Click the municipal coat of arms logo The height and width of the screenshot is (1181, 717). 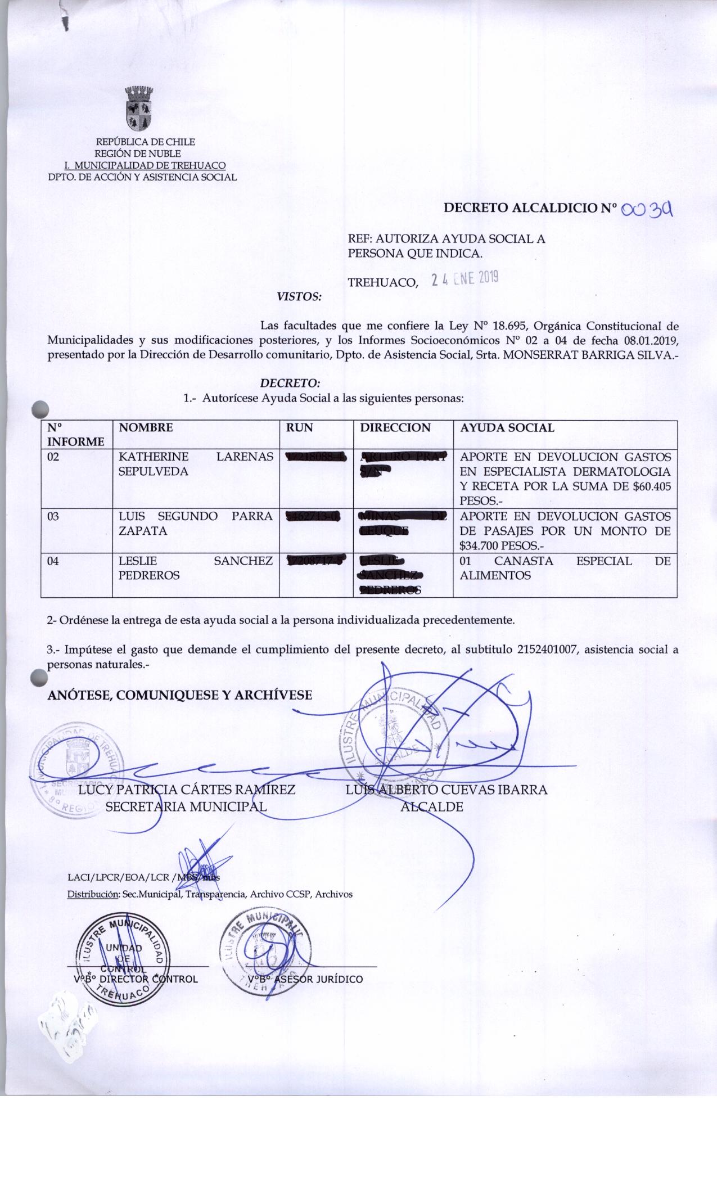tap(139, 109)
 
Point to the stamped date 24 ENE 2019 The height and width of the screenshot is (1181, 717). tap(465, 279)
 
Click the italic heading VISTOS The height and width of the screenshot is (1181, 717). tap(300, 296)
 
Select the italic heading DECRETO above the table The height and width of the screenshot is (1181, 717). tap(290, 384)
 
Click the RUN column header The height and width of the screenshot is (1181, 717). tap(300, 428)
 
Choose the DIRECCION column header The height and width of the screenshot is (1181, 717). tap(395, 428)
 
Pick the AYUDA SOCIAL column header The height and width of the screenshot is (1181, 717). tap(507, 428)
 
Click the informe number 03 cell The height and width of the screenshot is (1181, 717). tap(53, 516)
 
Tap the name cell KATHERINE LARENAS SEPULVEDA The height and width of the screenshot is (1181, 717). tap(196, 464)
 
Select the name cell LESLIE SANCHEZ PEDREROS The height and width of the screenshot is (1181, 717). tap(196, 568)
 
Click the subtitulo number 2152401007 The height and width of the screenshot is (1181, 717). tap(557, 650)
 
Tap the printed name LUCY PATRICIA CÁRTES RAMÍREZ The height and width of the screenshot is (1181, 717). tap(187, 790)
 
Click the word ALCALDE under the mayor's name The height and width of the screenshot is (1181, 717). tap(431, 807)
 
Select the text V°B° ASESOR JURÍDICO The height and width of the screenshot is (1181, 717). tap(305, 979)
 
